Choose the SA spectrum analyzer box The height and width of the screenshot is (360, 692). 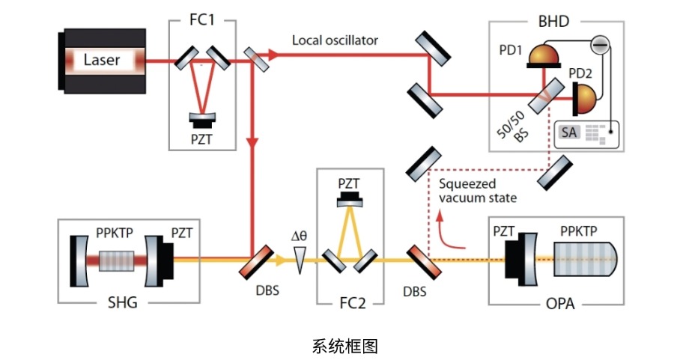[x=569, y=132]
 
